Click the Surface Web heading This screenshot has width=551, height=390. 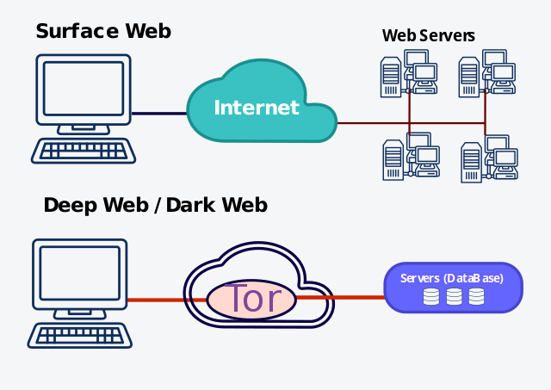tap(103, 32)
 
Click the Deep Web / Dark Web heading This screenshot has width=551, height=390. tap(155, 205)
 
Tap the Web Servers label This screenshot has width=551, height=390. tap(429, 35)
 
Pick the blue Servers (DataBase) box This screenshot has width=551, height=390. tap(453, 288)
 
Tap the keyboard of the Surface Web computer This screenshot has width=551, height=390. tap(84, 151)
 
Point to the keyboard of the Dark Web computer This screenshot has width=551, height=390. tap(80, 335)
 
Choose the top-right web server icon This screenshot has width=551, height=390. tap(487, 75)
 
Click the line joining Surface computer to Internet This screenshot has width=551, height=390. tap(159, 113)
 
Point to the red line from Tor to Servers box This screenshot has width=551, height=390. tap(340, 298)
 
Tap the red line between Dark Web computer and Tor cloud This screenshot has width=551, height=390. tap(155, 300)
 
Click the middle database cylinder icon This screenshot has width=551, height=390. tap(454, 297)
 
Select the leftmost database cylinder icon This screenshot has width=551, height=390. tap(431, 297)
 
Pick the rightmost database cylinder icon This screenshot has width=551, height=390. tap(476, 297)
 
